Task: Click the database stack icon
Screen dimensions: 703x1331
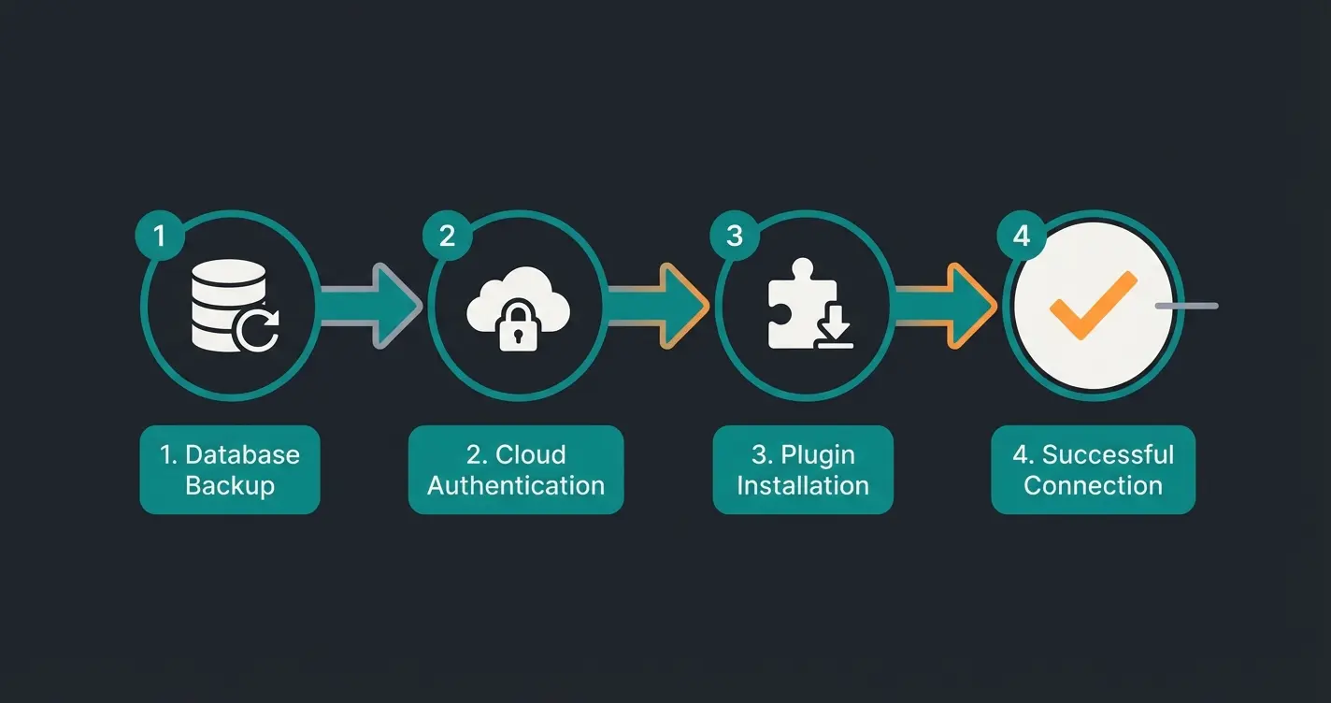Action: click(x=224, y=304)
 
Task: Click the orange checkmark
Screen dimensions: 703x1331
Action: click(x=1092, y=305)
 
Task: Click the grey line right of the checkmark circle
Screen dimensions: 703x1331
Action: click(x=1187, y=306)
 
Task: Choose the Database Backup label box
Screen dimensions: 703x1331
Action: click(x=230, y=469)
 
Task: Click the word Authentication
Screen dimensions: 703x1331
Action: click(x=516, y=486)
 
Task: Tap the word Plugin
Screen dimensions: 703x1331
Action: click(x=817, y=454)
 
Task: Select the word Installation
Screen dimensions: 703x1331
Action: click(x=803, y=486)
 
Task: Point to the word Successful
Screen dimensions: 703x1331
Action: click(x=1108, y=454)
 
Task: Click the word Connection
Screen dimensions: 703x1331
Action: click(x=1093, y=486)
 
